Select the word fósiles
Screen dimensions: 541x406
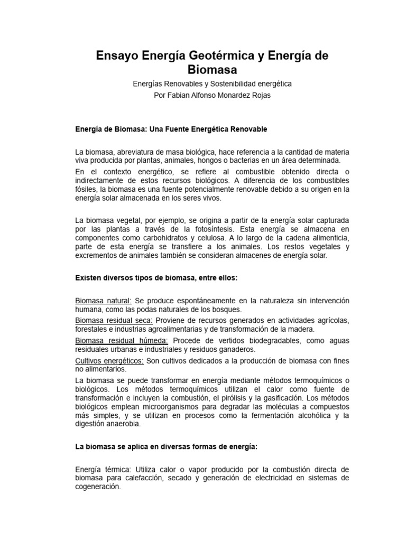click(x=88, y=189)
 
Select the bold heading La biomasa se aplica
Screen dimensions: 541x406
click(x=166, y=446)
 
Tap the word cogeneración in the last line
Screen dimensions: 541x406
click(x=98, y=488)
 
